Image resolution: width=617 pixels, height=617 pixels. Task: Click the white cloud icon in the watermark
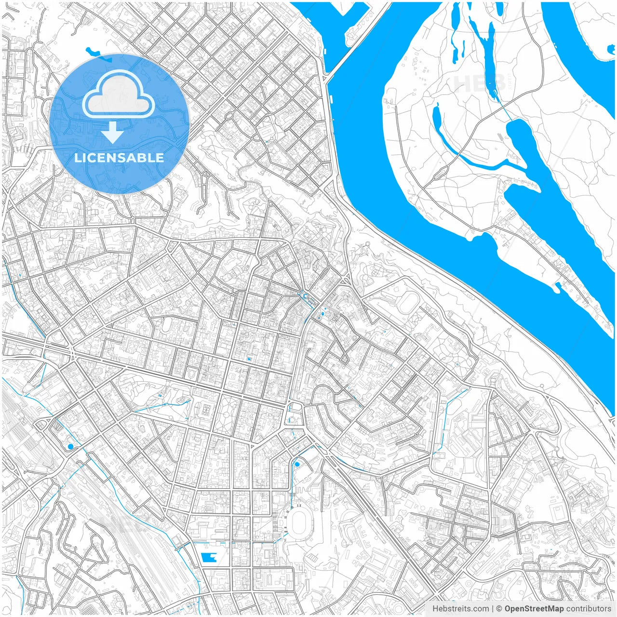(118, 96)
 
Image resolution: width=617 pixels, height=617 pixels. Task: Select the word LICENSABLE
(119, 158)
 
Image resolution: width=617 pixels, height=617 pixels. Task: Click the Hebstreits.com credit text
(461, 609)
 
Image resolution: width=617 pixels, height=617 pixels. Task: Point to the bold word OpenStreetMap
(534, 609)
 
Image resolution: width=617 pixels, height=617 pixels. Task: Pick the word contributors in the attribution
(589, 609)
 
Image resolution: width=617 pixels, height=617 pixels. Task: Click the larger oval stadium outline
(300, 522)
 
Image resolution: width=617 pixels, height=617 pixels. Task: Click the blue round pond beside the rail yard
(70, 447)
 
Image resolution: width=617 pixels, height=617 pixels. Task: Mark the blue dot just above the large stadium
(297, 464)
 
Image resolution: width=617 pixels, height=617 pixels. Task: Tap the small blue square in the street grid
(249, 359)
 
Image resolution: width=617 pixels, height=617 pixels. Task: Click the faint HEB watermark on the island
(480, 83)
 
